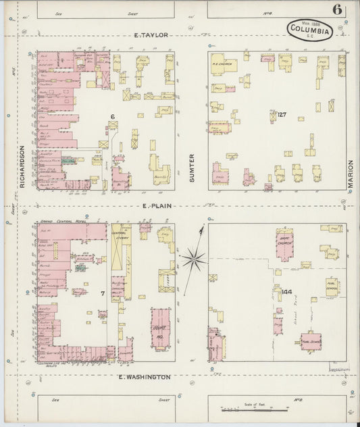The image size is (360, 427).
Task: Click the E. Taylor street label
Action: click(x=150, y=34)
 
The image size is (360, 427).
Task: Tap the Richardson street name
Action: click(x=22, y=166)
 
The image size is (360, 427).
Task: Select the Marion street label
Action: click(x=351, y=174)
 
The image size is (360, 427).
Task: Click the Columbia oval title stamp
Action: click(x=310, y=30)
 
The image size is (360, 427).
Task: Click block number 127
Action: click(x=281, y=115)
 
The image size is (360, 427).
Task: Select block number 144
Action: click(x=279, y=292)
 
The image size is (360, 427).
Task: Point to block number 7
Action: click(x=103, y=293)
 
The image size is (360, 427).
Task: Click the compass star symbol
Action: click(x=194, y=257)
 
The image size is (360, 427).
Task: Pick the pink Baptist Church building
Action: click(x=284, y=245)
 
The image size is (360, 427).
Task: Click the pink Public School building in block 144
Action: click(x=311, y=341)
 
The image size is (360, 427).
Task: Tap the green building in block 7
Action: click(x=80, y=268)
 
